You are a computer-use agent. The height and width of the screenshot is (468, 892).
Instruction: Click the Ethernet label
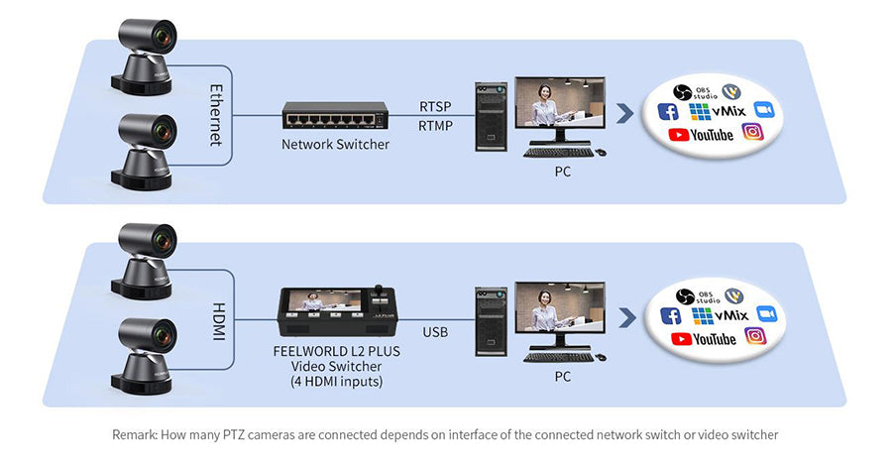tap(215, 115)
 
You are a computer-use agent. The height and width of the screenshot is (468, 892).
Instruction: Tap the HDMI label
tap(217, 322)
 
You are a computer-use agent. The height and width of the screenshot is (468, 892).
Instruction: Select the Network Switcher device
tap(334, 115)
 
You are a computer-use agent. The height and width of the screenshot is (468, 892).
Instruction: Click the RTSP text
tap(435, 106)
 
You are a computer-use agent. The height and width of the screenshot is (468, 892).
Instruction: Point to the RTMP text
tap(435, 126)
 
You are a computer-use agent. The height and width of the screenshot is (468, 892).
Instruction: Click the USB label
tap(435, 332)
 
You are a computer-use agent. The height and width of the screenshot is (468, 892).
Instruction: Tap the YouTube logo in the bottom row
tap(703, 339)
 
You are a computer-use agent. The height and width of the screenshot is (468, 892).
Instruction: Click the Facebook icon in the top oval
tap(668, 112)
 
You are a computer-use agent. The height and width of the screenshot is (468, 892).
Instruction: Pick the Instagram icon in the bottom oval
tap(756, 336)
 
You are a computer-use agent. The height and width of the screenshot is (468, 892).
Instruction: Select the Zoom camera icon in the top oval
tap(763, 109)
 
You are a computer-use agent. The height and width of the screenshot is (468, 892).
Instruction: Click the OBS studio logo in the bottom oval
tap(693, 294)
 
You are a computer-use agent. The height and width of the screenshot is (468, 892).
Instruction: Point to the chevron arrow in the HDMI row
tap(624, 317)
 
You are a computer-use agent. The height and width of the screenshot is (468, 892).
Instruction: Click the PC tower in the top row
tap(490, 117)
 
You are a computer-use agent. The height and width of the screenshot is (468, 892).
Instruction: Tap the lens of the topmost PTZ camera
tap(161, 37)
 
